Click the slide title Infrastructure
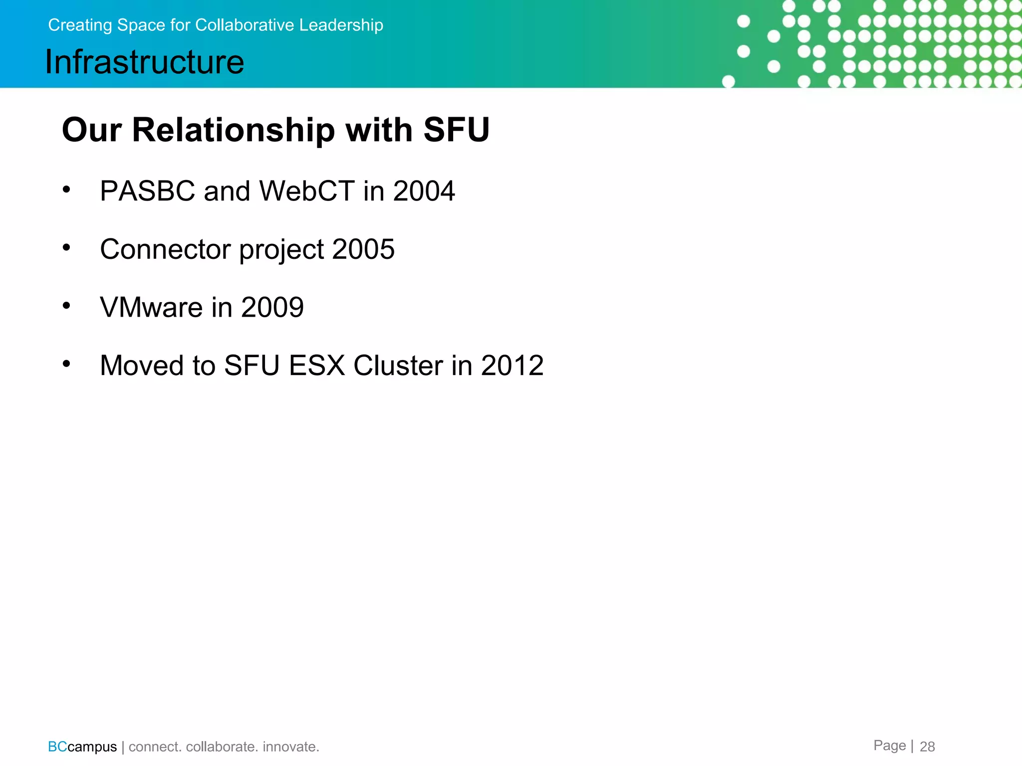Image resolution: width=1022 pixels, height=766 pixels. coord(145,62)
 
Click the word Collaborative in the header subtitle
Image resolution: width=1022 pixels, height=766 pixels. coord(245,25)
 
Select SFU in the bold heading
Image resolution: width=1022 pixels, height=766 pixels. coord(456,130)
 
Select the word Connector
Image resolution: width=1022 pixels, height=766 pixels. coord(165,249)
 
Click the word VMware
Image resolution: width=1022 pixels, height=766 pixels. coord(151,307)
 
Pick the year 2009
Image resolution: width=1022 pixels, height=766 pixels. coord(272,307)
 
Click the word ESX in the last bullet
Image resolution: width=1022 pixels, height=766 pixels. coord(317,366)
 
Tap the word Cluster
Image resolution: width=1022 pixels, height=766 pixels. coord(398,366)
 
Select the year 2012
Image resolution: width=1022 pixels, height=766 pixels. coord(512,366)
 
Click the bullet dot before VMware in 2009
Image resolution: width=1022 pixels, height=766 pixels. coord(66,306)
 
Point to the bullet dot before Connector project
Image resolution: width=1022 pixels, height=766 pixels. coord(66,247)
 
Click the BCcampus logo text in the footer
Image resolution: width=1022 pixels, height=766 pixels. coord(82,747)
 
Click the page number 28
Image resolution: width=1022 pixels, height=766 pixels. coord(927,747)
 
